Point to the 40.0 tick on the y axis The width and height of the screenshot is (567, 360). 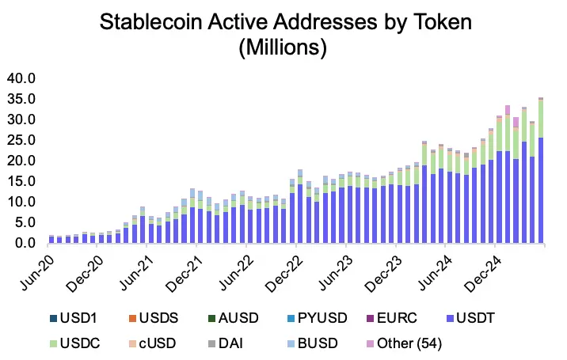[21, 78]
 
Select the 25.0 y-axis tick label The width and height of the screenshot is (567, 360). [21, 140]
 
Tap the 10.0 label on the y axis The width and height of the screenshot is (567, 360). [21, 202]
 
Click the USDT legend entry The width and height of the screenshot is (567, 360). [481, 318]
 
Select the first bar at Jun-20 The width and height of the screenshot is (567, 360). [51, 239]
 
